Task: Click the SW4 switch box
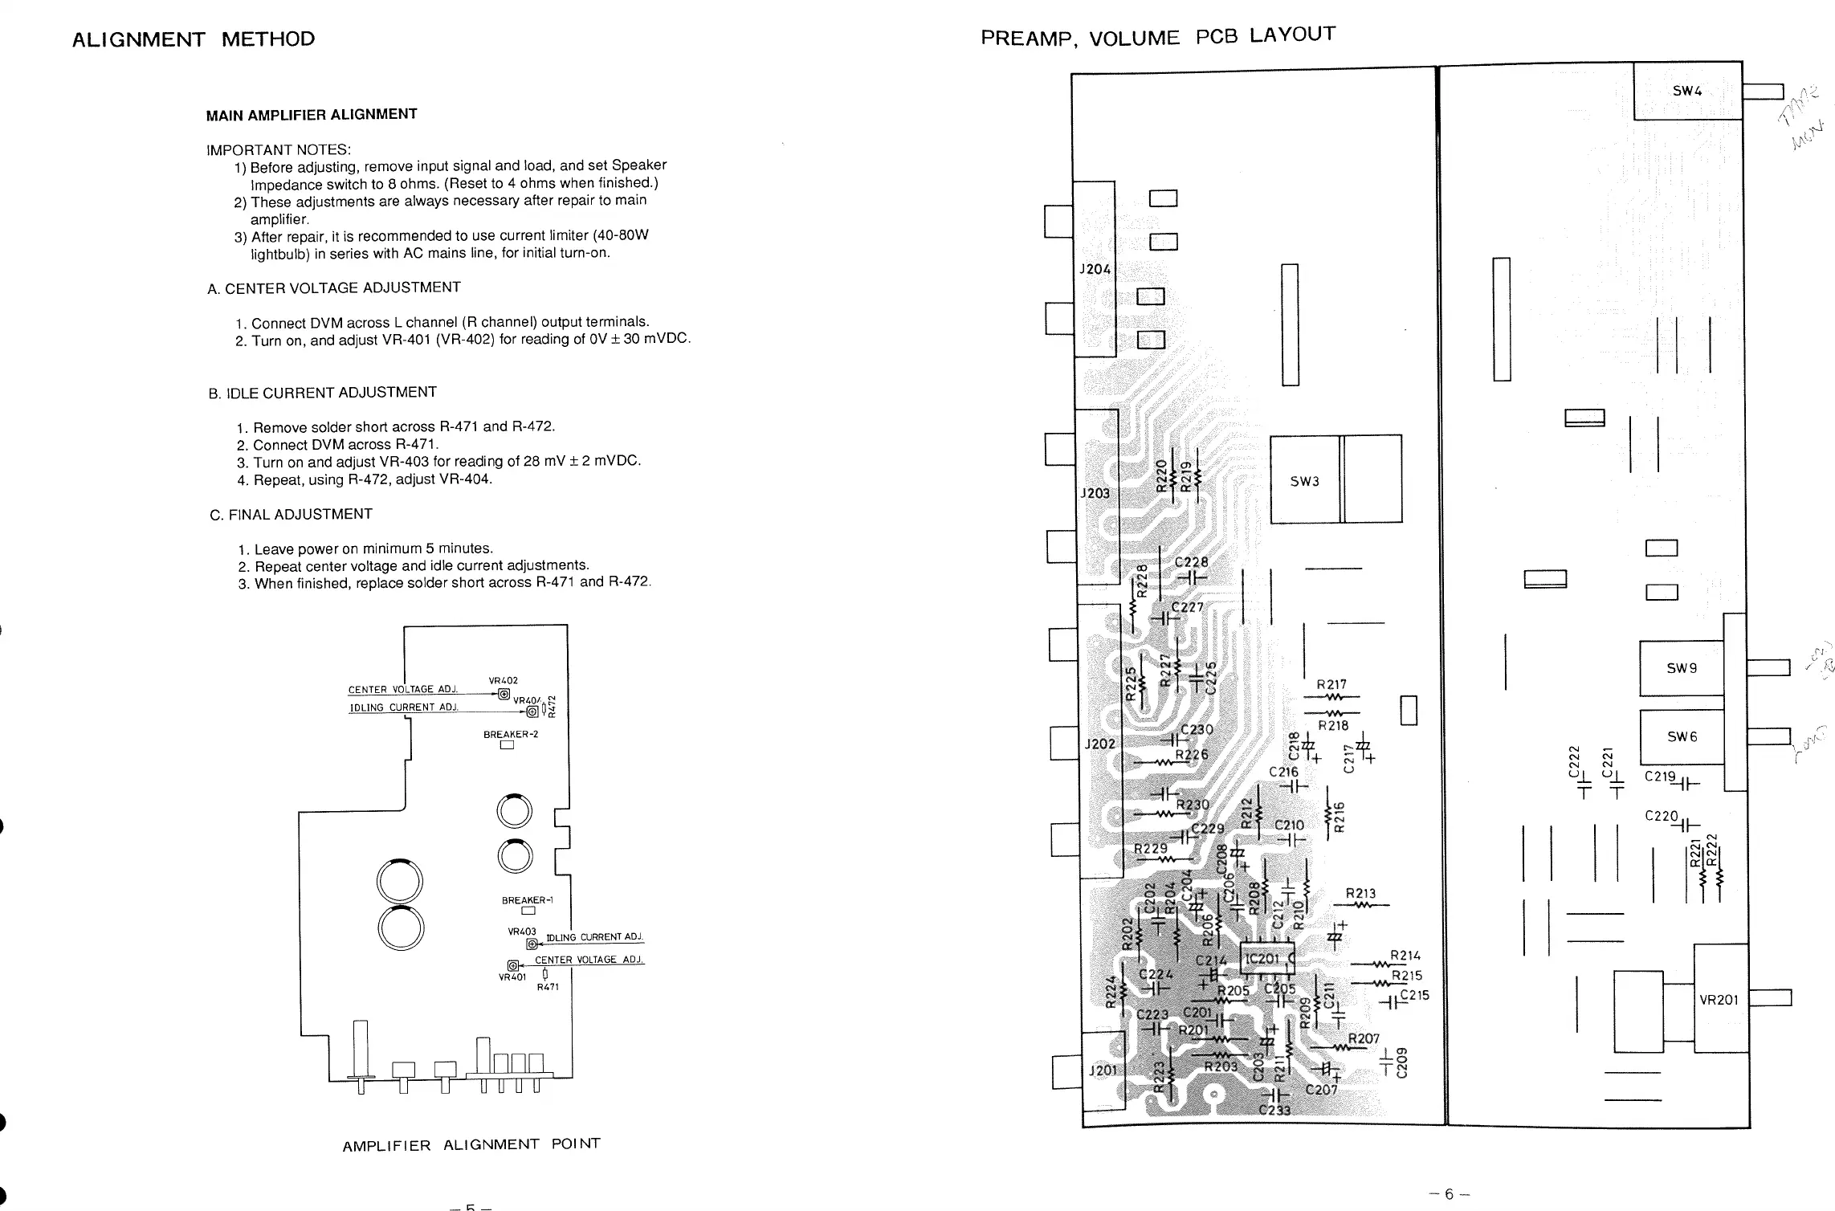[x=1687, y=92]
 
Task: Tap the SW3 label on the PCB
[x=1305, y=482]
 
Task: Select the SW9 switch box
[x=1681, y=668]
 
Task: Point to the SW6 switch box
[x=1681, y=737]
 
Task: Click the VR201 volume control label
[x=1719, y=1000]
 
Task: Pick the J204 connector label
[x=1095, y=270]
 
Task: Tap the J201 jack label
[x=1102, y=1070]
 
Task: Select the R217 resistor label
[x=1331, y=685]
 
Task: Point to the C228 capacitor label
[x=1191, y=562]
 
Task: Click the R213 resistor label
[x=1360, y=894]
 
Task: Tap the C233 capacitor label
[x=1274, y=1111]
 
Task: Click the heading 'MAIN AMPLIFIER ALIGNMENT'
[x=312, y=115]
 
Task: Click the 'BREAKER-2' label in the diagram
[x=511, y=734]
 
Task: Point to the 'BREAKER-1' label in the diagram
[x=528, y=900]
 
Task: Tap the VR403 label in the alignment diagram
[x=521, y=932]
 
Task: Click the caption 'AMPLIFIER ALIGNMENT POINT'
[x=471, y=1144]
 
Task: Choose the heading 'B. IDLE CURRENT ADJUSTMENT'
[x=323, y=393]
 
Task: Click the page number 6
[x=1449, y=1194]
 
